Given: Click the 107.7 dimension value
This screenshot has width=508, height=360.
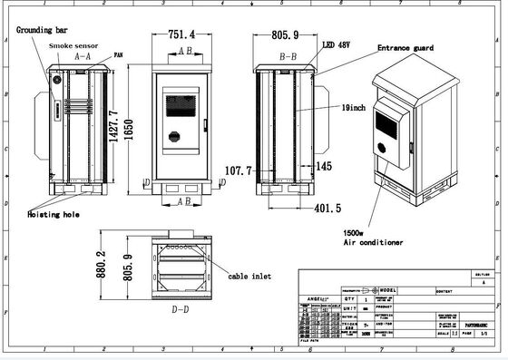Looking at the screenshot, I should (236, 170).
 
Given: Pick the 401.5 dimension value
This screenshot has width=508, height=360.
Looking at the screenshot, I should (326, 208).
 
